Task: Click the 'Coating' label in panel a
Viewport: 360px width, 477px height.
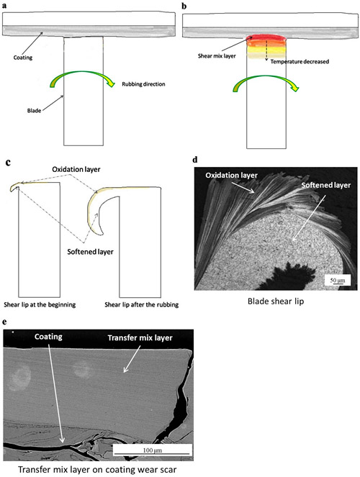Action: click(x=23, y=58)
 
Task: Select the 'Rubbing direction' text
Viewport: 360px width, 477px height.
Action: click(x=143, y=84)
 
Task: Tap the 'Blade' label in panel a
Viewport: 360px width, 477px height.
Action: click(x=34, y=110)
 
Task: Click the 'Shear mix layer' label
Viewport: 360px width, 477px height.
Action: click(x=217, y=56)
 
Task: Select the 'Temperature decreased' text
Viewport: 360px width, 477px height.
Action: click(x=300, y=62)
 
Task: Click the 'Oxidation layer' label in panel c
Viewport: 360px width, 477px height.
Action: click(x=76, y=169)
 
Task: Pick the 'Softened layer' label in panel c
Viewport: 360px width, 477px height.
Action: click(x=91, y=252)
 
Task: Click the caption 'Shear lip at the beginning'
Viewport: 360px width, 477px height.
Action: click(x=40, y=304)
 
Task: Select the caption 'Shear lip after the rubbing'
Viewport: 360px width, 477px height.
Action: click(x=142, y=304)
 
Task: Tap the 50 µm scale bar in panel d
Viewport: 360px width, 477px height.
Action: click(x=338, y=281)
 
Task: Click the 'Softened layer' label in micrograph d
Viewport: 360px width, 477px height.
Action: click(x=326, y=185)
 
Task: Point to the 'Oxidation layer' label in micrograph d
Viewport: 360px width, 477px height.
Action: click(x=231, y=176)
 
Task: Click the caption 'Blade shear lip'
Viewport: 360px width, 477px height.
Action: click(x=276, y=301)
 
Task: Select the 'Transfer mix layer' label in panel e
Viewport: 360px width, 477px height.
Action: click(x=140, y=338)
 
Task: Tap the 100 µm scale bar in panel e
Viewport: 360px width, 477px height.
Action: click(x=153, y=450)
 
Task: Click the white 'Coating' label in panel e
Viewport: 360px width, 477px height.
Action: click(x=48, y=337)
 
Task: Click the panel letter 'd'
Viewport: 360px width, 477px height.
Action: click(x=194, y=160)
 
